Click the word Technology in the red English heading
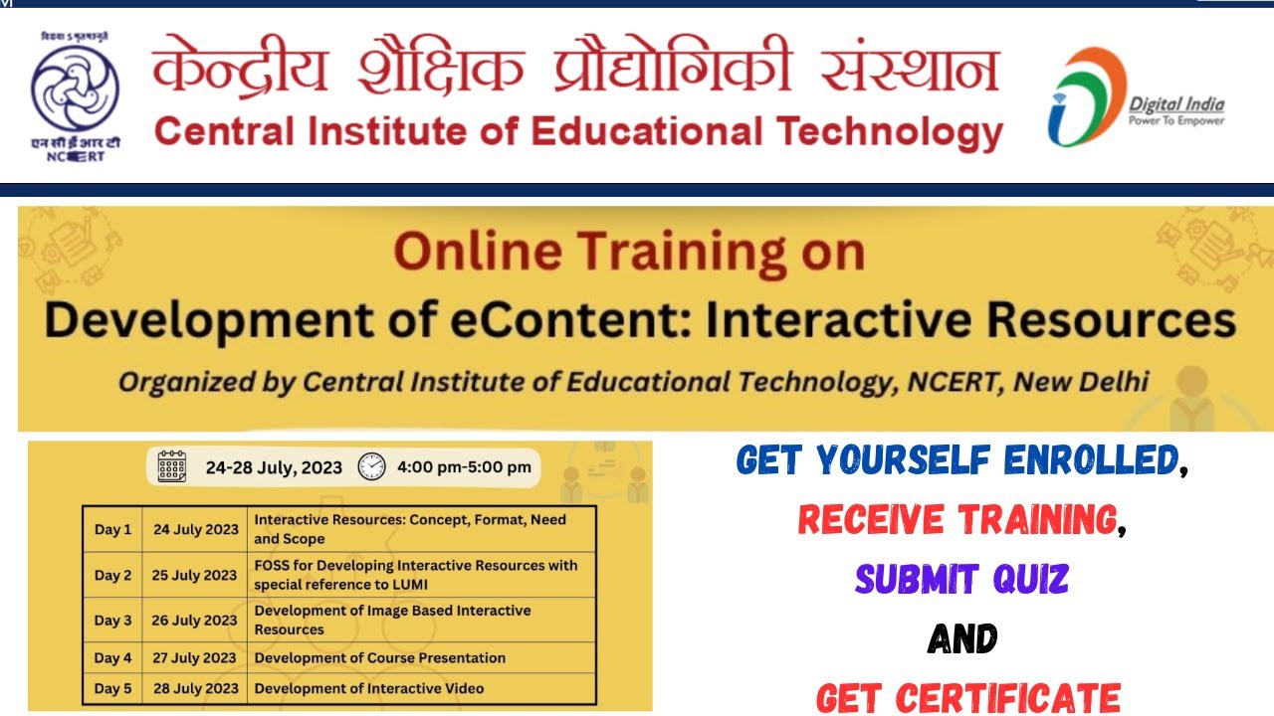click(890, 132)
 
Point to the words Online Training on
click(628, 253)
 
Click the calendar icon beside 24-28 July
click(172, 466)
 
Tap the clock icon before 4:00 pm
click(371, 466)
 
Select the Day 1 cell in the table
click(112, 530)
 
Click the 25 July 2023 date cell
click(195, 575)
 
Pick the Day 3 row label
click(112, 621)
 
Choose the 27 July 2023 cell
click(195, 658)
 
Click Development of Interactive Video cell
click(369, 688)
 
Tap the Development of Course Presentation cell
click(380, 658)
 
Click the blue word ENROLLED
click(1090, 459)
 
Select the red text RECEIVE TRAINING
click(956, 519)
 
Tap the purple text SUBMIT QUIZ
click(961, 579)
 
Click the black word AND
click(961, 638)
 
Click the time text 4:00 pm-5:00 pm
click(464, 466)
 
